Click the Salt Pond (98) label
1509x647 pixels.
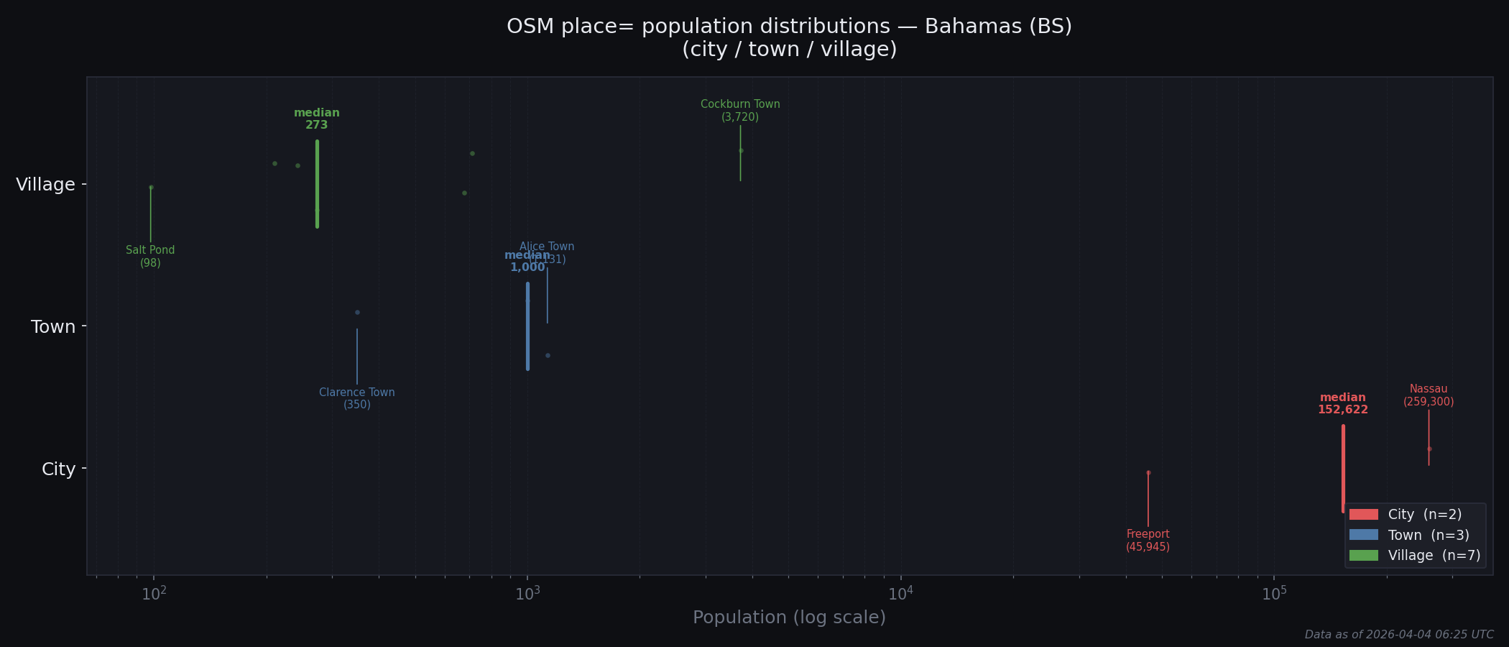pos(150,257)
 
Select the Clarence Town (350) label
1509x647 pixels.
pos(357,398)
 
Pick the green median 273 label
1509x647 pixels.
pos(317,119)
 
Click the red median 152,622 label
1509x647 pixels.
pos(1342,404)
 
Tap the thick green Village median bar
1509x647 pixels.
pos(317,184)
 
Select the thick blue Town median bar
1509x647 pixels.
pos(527,326)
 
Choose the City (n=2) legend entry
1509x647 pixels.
pos(1411,515)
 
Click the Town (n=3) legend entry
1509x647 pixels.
pos(1411,535)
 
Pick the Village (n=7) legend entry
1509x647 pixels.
pos(1411,555)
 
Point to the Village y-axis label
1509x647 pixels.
pos(46,185)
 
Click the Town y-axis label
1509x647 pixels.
pos(53,327)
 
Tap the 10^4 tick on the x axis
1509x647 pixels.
pos(900,593)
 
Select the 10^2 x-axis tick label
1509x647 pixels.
pos(154,593)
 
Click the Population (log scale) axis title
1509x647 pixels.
pos(789,618)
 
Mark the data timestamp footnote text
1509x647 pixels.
pos(1398,635)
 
